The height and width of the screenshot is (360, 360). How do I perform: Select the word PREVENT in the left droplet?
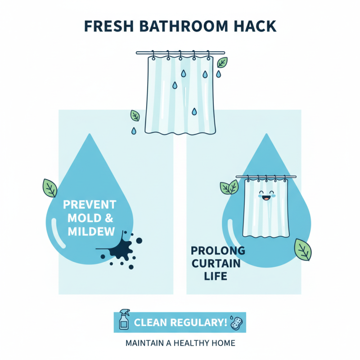pyautogui.click(x=90, y=205)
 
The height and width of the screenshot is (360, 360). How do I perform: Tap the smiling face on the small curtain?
pyautogui.click(x=266, y=196)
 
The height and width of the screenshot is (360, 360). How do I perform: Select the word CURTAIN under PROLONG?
pyautogui.click(x=217, y=263)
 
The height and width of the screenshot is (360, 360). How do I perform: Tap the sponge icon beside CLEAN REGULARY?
pyautogui.click(x=235, y=321)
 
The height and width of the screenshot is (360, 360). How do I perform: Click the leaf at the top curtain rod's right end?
pyautogui.click(x=222, y=63)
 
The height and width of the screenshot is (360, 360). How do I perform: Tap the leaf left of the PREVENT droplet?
pyautogui.click(x=49, y=187)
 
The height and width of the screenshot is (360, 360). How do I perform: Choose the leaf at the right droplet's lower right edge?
pyautogui.click(x=302, y=250)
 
